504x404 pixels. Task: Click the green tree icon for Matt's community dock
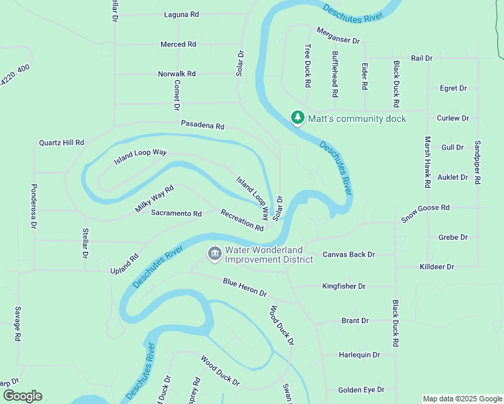[x=297, y=118]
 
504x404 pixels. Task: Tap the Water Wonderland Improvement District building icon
[x=215, y=254]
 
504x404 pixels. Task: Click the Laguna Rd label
[x=181, y=14]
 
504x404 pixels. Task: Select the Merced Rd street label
[x=178, y=44]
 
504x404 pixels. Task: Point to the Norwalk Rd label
[x=177, y=73]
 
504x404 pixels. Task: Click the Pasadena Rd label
[x=202, y=125]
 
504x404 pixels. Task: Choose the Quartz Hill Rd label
[x=61, y=143]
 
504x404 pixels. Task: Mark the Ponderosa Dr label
[x=34, y=206]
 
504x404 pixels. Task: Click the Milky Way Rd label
[x=154, y=199]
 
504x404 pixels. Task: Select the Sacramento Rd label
[x=177, y=213]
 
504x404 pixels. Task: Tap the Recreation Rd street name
[x=242, y=220]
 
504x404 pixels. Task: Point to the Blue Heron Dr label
[x=245, y=288]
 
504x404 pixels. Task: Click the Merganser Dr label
[x=338, y=36]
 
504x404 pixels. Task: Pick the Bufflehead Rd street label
[x=335, y=70]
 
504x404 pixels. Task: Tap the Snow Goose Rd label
[x=425, y=213]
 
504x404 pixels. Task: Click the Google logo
[x=22, y=396]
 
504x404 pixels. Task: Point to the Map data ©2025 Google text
[x=462, y=399]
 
